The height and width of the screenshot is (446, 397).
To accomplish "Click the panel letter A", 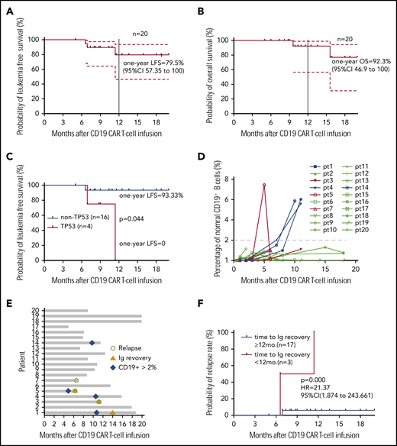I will point(9,8).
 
